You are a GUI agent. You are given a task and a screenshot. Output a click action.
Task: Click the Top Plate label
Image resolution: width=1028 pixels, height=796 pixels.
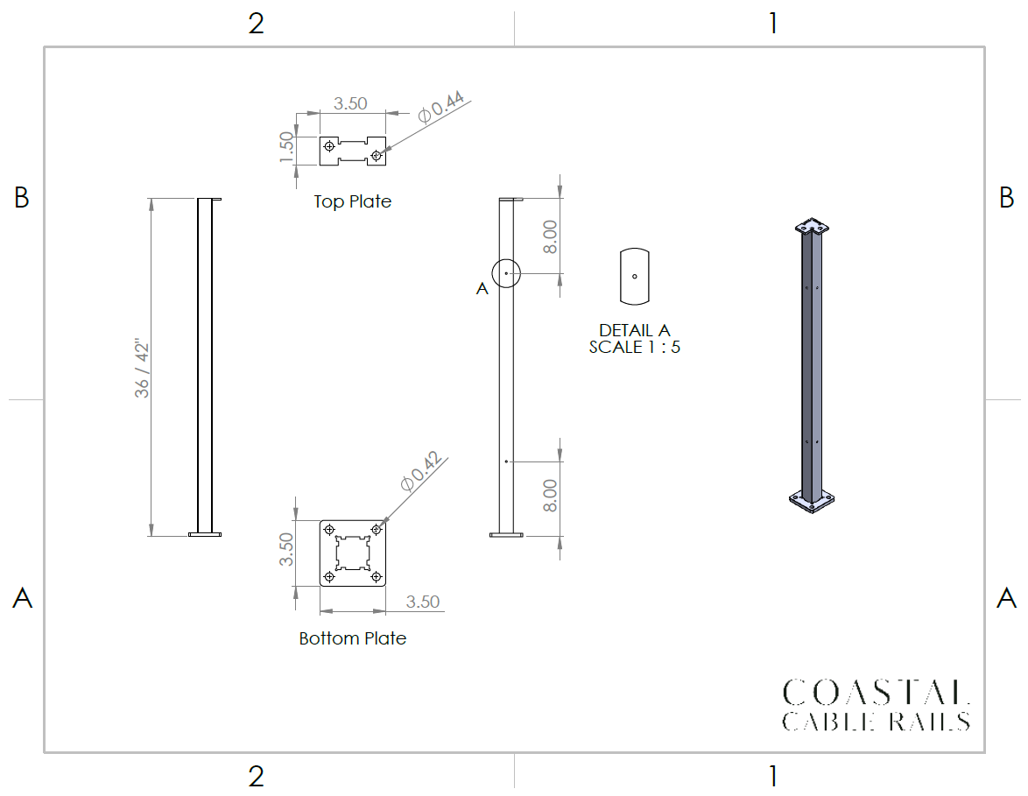tap(353, 201)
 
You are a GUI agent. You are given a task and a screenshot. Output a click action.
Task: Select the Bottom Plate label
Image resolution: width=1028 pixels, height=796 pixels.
tap(353, 638)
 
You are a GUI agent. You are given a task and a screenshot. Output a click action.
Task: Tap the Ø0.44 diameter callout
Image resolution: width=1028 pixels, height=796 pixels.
tap(441, 107)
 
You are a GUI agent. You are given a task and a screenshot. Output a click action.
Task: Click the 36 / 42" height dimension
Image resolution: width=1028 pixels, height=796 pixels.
tap(142, 369)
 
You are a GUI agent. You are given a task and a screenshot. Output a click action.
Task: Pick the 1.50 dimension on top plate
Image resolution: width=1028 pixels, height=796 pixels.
tap(286, 147)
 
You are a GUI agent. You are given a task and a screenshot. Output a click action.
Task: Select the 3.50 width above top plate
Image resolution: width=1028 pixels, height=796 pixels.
tap(350, 103)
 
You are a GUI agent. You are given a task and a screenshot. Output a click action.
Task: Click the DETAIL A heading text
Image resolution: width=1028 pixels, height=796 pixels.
tap(635, 330)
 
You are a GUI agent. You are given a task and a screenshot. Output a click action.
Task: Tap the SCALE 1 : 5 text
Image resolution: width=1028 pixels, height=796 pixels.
tap(635, 347)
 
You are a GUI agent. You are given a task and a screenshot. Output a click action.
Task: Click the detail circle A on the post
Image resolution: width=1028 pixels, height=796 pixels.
tap(506, 259)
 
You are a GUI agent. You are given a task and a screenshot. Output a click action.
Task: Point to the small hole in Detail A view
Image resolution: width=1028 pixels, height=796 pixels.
tap(635, 277)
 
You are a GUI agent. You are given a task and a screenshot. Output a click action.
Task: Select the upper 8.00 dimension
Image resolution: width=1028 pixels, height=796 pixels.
tap(550, 236)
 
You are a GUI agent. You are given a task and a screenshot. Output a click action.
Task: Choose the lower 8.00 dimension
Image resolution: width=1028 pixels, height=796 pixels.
tap(550, 496)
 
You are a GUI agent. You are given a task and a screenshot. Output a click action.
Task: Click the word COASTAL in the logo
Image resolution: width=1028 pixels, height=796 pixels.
tap(876, 693)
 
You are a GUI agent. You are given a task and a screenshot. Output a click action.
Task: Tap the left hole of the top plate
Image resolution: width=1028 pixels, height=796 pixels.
tap(329, 146)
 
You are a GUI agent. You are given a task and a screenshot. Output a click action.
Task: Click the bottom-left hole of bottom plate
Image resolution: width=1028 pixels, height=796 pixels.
tap(329, 577)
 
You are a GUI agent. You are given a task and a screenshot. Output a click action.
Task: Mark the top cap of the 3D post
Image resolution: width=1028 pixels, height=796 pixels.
tap(812, 227)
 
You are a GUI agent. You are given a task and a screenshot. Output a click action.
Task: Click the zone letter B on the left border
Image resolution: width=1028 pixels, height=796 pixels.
tap(22, 197)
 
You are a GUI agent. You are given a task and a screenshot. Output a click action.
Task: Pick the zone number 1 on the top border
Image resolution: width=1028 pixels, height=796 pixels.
tap(773, 24)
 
